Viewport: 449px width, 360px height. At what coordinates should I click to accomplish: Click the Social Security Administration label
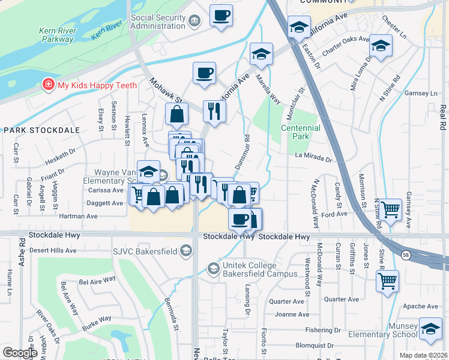[158, 22]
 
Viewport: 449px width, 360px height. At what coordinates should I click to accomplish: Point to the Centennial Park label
[301, 132]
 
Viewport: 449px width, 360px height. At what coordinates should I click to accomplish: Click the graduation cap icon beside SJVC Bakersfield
[186, 250]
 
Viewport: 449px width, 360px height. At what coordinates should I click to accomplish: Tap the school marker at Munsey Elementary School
[430, 328]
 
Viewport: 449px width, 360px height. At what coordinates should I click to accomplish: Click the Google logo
[20, 353]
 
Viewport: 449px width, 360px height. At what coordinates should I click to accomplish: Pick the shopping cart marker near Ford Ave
[390, 210]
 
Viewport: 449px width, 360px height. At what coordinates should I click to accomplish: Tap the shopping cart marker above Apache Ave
[387, 280]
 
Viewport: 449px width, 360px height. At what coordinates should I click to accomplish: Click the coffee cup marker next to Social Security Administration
[221, 16]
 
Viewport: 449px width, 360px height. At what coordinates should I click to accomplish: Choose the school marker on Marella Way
[261, 54]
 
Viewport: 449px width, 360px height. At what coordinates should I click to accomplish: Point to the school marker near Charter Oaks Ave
[381, 46]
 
